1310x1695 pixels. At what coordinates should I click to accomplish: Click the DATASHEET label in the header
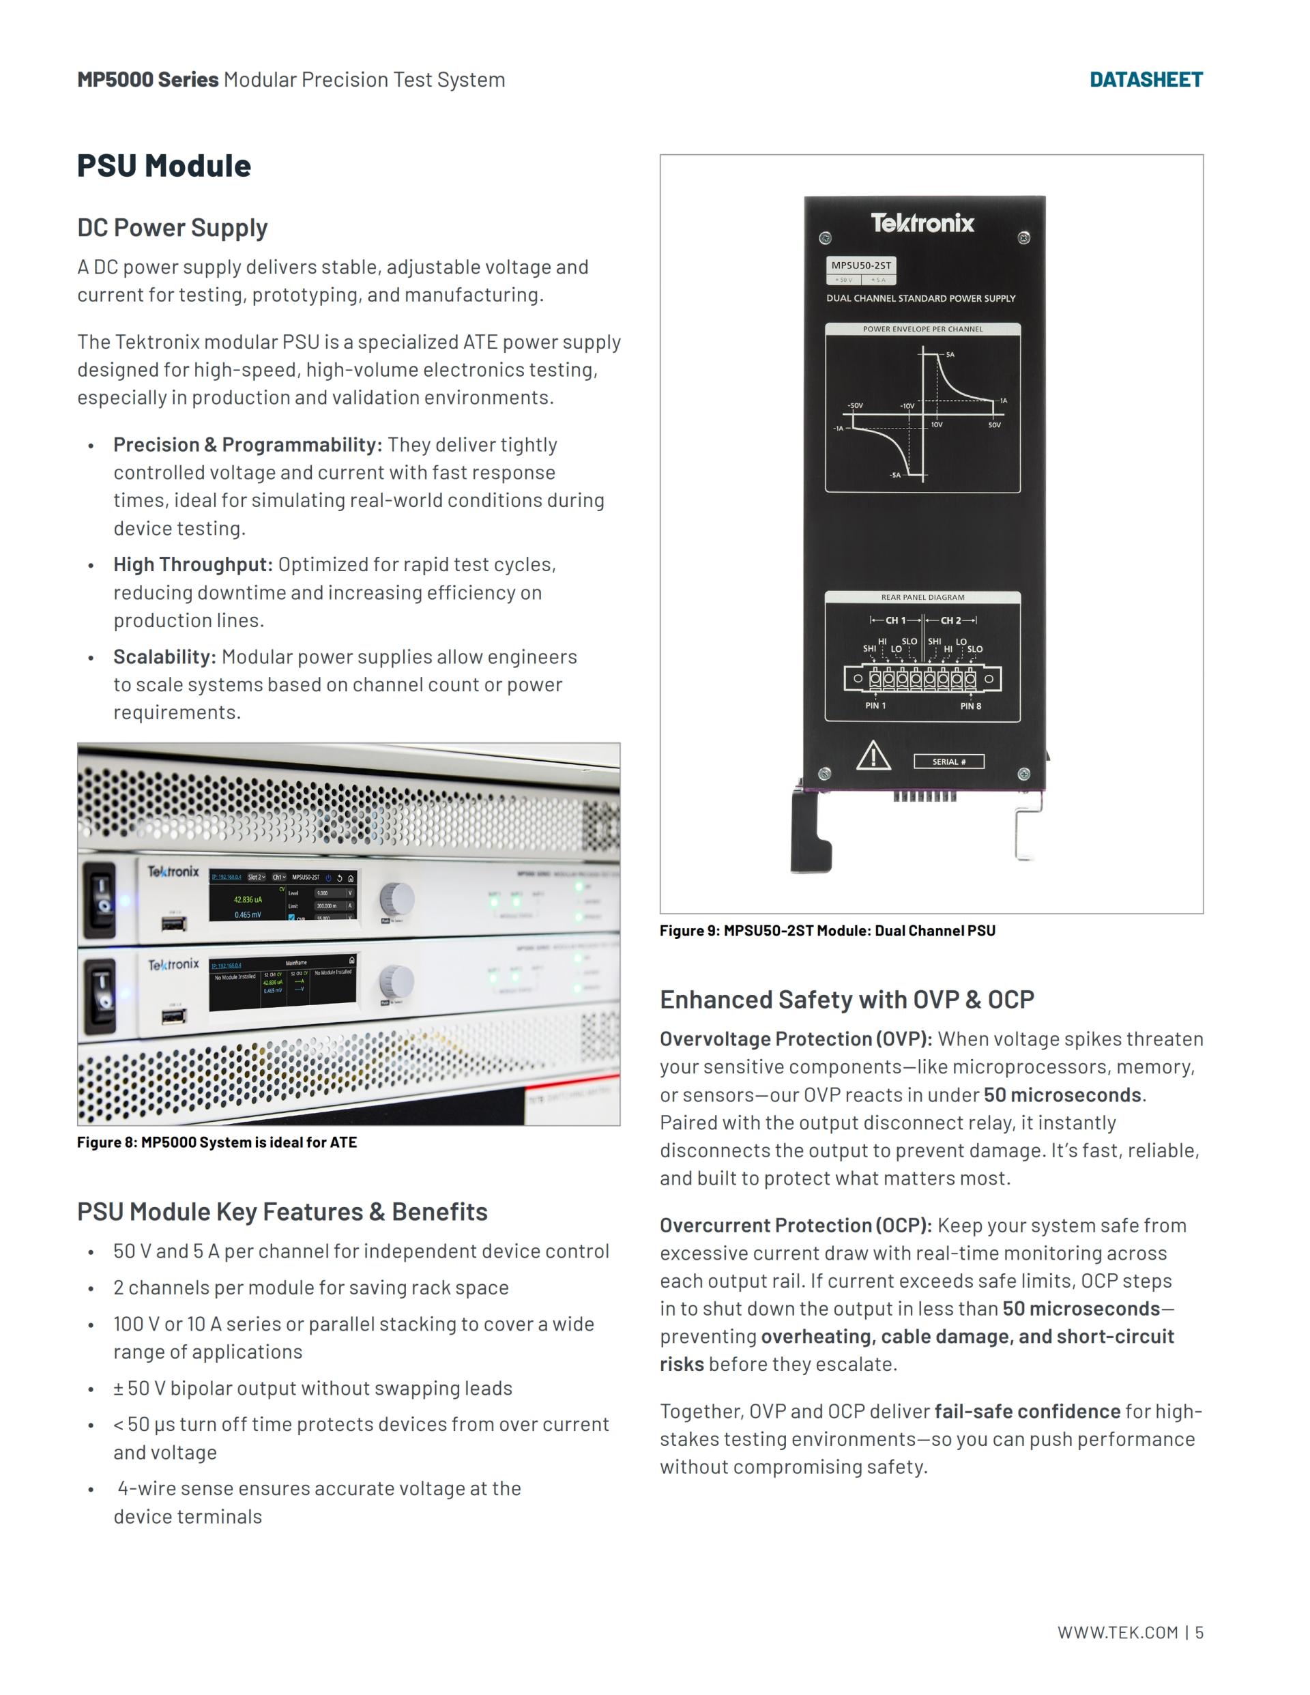click(1146, 79)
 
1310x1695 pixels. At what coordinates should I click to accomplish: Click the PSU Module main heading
click(164, 165)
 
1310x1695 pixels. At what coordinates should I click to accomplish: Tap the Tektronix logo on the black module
click(922, 224)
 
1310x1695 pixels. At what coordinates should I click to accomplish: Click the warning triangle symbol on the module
click(873, 755)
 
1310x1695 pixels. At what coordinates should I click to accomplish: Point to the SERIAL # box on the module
click(948, 762)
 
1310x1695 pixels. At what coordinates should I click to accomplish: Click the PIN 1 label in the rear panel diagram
click(875, 706)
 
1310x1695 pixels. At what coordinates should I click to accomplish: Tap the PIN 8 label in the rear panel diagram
click(970, 706)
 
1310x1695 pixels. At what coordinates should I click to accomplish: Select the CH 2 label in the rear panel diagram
click(950, 620)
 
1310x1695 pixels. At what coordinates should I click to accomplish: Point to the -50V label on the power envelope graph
click(854, 406)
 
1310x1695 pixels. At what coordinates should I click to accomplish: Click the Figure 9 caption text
click(828, 931)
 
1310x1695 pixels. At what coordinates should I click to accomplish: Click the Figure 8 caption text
click(216, 1142)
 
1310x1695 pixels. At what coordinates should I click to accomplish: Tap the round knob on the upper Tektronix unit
click(396, 899)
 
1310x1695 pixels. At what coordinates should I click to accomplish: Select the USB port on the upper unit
click(173, 923)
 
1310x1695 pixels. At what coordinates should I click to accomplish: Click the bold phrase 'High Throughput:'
click(192, 564)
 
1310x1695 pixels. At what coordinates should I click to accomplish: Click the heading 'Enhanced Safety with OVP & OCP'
click(847, 1000)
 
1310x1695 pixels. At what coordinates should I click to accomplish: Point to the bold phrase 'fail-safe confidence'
click(1027, 1411)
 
